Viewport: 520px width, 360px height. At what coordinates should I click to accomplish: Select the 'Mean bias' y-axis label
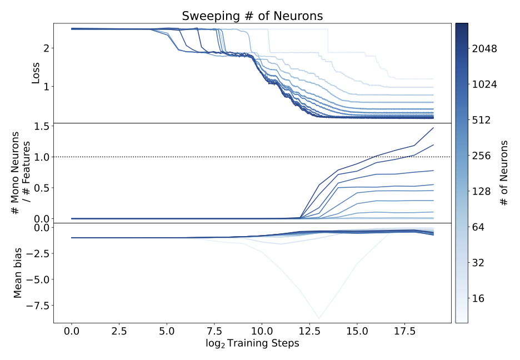[x=18, y=272]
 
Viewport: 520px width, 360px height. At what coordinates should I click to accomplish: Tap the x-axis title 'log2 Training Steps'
[x=252, y=343]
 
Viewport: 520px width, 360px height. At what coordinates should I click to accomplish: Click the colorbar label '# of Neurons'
[x=504, y=173]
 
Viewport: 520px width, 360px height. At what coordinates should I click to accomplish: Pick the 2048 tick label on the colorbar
[x=485, y=49]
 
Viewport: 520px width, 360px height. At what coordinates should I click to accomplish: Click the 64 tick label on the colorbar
[x=479, y=227]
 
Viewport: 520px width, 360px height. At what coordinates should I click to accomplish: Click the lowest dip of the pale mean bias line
[x=319, y=318]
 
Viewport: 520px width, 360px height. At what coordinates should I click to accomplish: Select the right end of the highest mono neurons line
[x=433, y=128]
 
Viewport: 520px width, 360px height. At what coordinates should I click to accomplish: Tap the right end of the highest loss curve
[x=433, y=79]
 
